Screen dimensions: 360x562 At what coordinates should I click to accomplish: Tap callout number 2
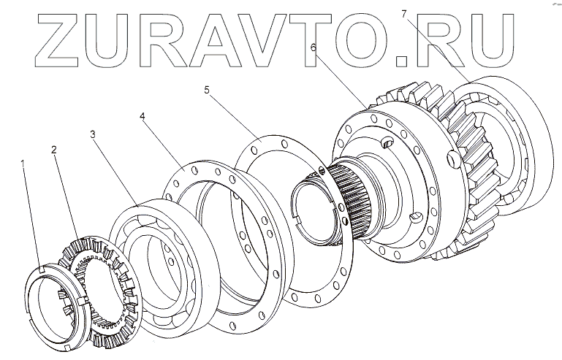pyautogui.click(x=54, y=150)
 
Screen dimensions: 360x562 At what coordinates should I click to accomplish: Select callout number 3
pyautogui.click(x=93, y=135)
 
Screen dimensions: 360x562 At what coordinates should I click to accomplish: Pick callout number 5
pyautogui.click(x=207, y=90)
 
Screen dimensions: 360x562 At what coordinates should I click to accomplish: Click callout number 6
pyautogui.click(x=313, y=47)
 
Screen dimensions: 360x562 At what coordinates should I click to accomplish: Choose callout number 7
pyautogui.click(x=403, y=12)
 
